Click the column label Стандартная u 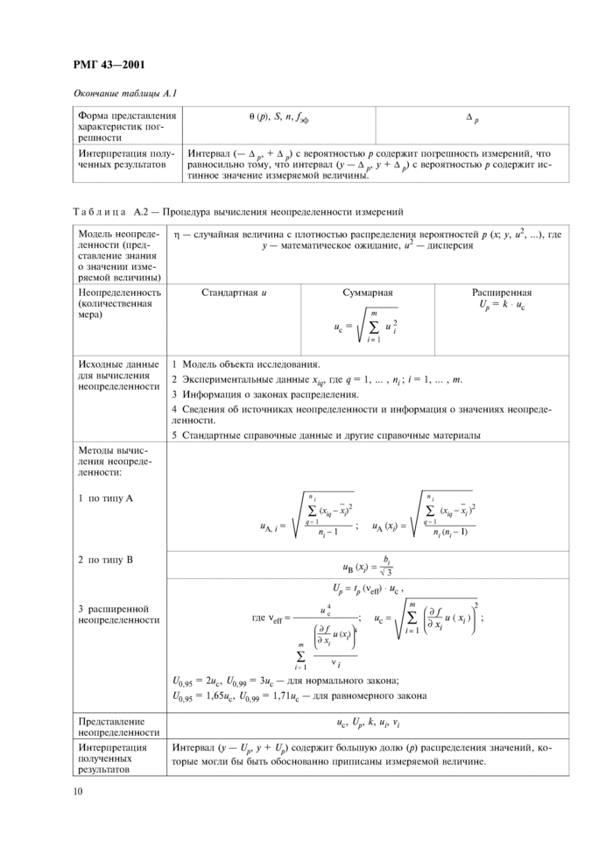(234, 293)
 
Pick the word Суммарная (367, 293)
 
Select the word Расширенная (502, 293)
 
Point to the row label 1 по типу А (105, 498)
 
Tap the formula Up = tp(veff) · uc (367, 588)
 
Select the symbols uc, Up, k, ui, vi (367, 724)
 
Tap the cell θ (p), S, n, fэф (278, 116)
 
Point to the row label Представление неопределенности (118, 726)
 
